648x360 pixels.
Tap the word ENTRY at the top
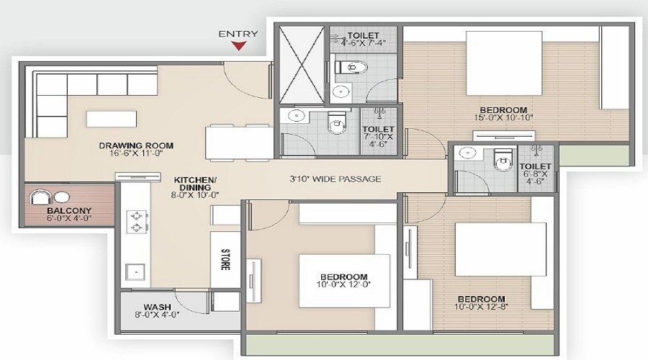coord(238,33)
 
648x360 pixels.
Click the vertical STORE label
coord(225,258)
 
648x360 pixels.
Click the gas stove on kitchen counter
coord(134,220)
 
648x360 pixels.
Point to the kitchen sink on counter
coord(133,271)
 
